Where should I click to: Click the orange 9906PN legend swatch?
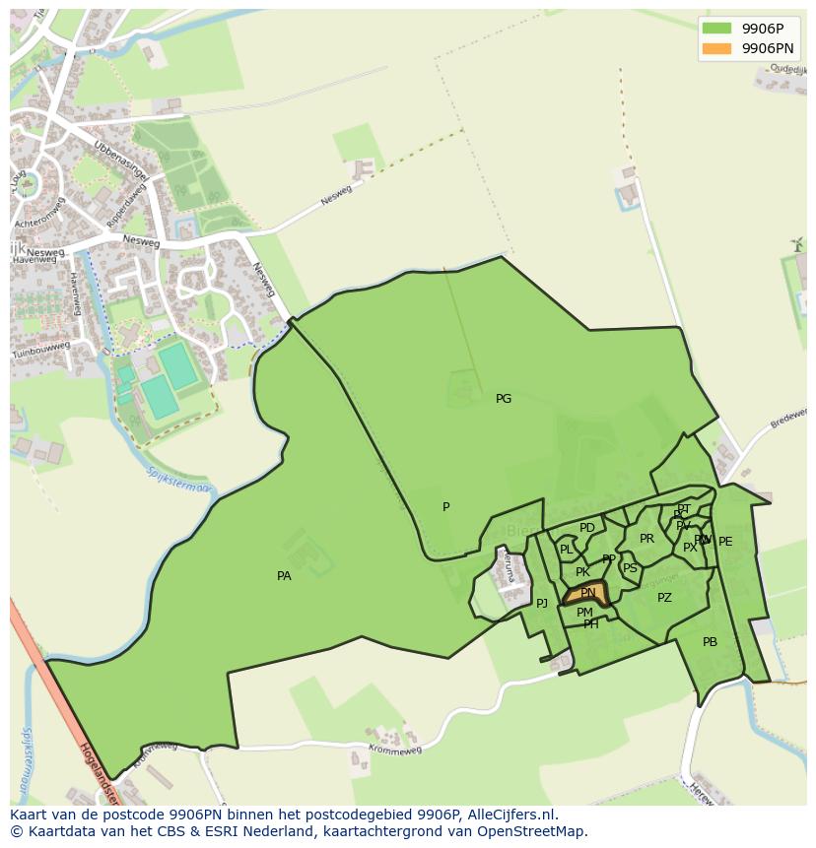[x=716, y=48]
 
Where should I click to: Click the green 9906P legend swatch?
[x=716, y=29]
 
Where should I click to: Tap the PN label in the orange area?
[x=588, y=593]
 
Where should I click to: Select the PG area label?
[x=504, y=399]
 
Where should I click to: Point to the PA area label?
[x=284, y=576]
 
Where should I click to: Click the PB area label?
[x=710, y=642]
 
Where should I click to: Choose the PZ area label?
[x=664, y=598]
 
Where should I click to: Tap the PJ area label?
[x=541, y=604]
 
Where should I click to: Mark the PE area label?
[x=725, y=542]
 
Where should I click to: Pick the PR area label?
[x=646, y=539]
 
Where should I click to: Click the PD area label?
[x=587, y=528]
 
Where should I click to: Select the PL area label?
[x=567, y=550]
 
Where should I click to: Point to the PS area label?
[x=630, y=568]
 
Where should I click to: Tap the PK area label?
[x=582, y=572]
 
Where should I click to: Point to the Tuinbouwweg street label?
[x=40, y=351]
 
